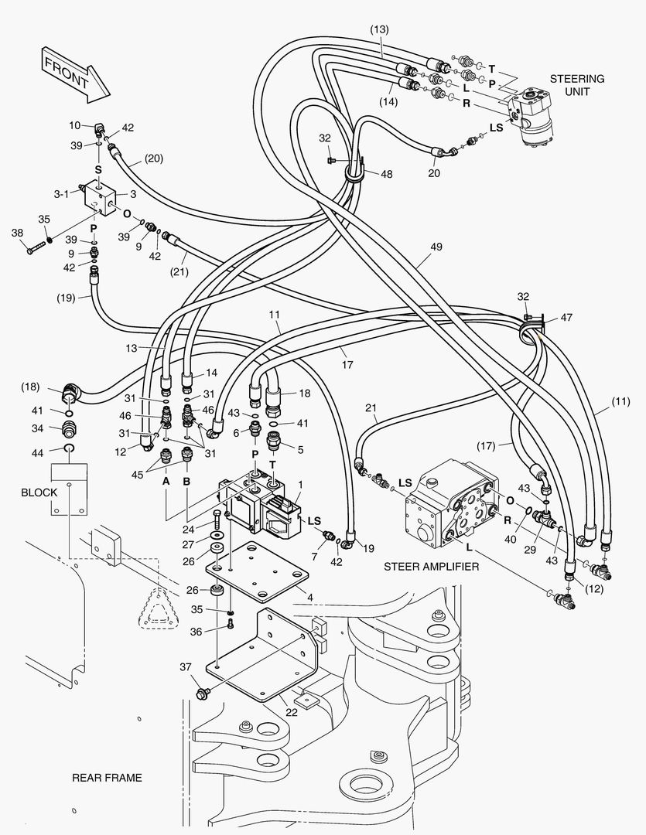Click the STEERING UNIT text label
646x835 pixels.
point(576,85)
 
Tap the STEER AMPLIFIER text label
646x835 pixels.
point(432,566)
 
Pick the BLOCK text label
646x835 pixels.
point(39,492)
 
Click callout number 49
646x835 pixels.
point(436,247)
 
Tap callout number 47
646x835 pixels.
point(566,317)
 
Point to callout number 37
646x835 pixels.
point(185,667)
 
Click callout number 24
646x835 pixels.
point(187,530)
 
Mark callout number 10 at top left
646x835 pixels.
point(75,125)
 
